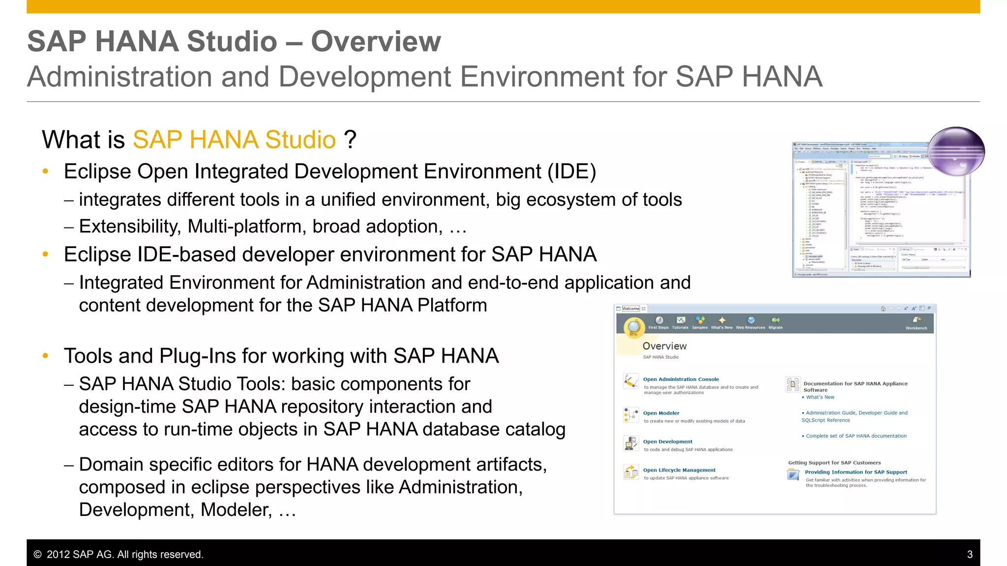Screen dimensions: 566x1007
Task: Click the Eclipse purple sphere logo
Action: [957, 151]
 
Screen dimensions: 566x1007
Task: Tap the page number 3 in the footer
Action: [970, 554]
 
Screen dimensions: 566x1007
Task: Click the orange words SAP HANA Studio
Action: [234, 140]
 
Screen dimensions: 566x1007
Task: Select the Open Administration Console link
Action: [681, 379]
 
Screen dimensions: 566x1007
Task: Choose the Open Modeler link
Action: [661, 413]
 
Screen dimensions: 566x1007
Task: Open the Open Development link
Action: [667, 442]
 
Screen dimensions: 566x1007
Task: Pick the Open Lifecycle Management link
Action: [679, 470]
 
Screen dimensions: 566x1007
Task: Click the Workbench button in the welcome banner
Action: [916, 323]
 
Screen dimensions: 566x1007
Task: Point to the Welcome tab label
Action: [630, 309]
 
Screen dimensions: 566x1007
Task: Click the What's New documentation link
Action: [820, 397]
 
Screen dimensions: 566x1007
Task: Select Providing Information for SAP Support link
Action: [856, 472]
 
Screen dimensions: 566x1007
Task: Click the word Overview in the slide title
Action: [376, 41]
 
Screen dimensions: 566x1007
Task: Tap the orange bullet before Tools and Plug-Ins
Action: [46, 356]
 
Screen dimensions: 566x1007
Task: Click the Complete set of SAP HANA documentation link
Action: [856, 436]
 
